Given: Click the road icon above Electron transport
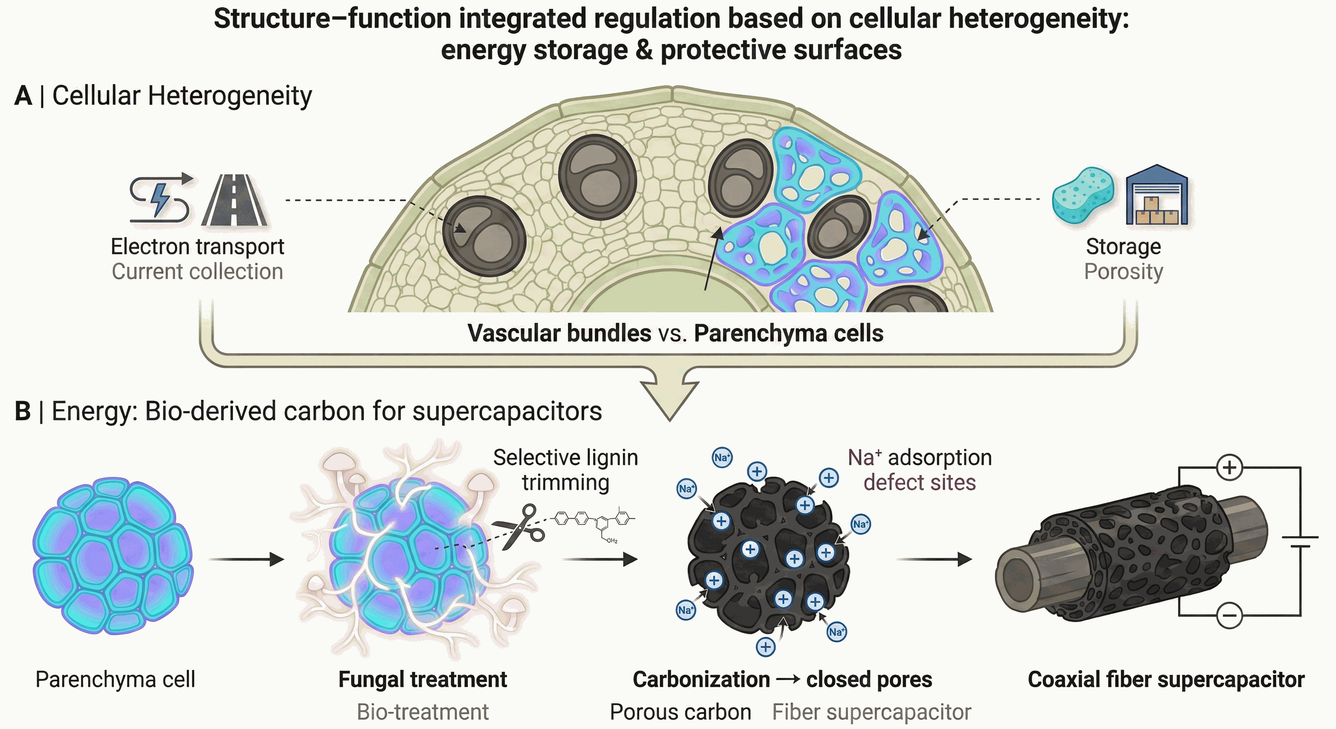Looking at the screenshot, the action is point(234,200).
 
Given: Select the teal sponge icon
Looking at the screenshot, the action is point(1083,194).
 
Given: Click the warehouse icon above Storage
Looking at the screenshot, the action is point(1157,195).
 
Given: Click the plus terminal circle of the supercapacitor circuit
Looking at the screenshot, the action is point(1230,467).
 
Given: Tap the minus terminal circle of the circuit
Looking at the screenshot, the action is point(1230,616).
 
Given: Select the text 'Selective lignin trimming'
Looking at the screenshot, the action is point(566,469).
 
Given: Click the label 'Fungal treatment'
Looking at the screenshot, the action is point(423,679).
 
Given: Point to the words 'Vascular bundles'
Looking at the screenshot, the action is point(559,333).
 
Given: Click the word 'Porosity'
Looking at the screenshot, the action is point(1123,272).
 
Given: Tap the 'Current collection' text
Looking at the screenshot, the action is point(197,271).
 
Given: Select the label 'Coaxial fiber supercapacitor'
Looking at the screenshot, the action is point(1166,679).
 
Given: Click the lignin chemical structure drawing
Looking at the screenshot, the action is point(594,525).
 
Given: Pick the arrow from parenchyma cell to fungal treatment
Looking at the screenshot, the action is point(246,560).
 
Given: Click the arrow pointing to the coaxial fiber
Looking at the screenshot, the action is point(934,560).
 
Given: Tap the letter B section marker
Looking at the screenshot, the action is point(23,411).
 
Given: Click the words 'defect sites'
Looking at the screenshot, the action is point(919,482).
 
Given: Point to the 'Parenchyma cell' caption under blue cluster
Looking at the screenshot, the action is point(115,680).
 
